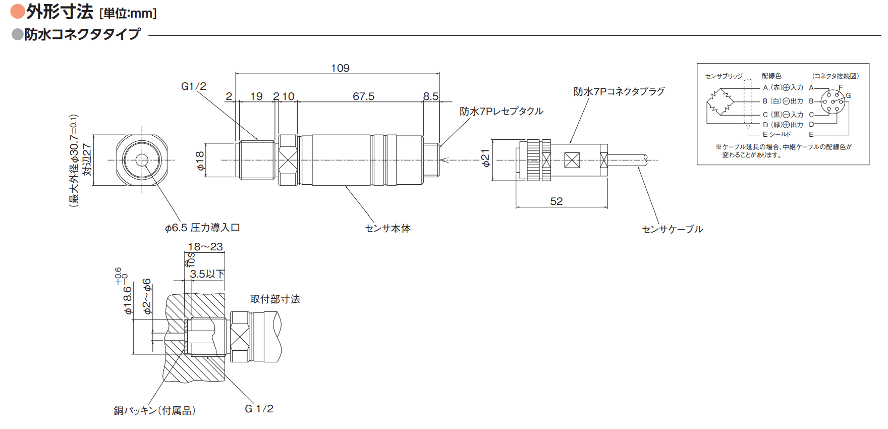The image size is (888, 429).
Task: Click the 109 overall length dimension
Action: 340,68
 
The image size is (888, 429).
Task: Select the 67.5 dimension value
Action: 363,96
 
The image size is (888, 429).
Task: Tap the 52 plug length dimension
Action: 557,201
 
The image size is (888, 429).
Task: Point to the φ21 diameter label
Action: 485,158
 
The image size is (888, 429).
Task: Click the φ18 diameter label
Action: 200,161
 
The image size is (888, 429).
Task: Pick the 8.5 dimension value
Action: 431,96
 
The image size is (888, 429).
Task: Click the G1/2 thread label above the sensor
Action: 194,86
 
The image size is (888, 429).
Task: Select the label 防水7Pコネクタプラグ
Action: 619,91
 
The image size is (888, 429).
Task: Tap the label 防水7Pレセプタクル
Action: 502,111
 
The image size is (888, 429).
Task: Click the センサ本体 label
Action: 387,229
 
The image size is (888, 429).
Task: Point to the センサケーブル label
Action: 672,229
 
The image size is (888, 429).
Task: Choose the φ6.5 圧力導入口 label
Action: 202,228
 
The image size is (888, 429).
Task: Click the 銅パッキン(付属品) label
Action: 154,410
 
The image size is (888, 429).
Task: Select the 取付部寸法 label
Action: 275,299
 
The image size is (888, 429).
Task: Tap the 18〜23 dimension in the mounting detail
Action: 205,247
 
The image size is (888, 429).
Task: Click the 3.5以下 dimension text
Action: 207,274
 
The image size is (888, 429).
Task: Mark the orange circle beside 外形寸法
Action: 18,11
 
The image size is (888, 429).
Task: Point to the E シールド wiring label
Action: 777,134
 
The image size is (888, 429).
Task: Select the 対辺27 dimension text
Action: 87,159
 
